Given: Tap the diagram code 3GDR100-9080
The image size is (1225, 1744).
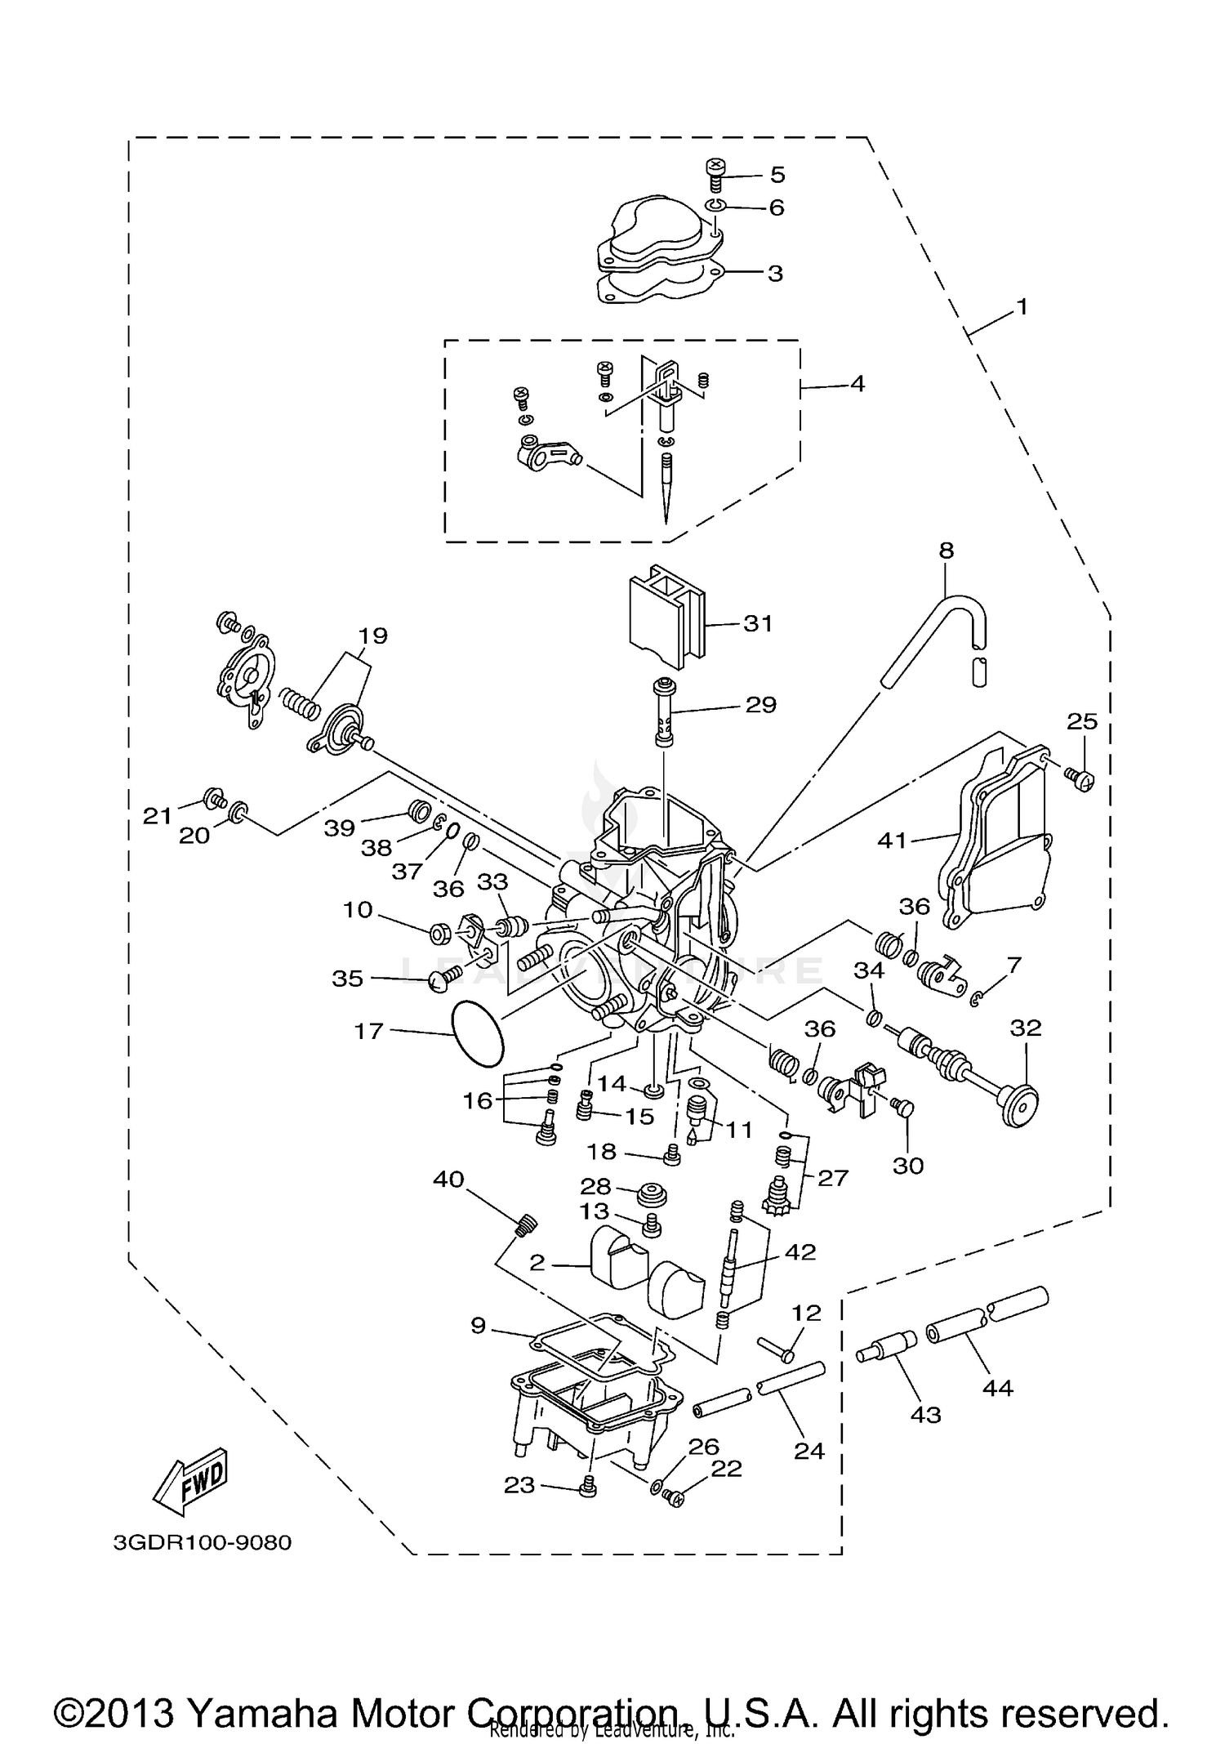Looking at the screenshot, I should tap(202, 1543).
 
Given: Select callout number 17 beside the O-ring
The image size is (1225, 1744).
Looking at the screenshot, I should tap(368, 1031).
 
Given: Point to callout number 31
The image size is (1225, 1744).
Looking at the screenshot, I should tap(757, 623).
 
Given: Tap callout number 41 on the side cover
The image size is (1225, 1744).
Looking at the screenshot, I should tap(892, 840).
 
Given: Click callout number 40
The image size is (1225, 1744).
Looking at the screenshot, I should tap(448, 1180).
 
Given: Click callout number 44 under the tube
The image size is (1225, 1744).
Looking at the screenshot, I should tap(997, 1387).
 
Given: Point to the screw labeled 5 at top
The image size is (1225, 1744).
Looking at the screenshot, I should tap(715, 174).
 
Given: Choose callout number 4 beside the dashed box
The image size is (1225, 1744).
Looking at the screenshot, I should tap(857, 383).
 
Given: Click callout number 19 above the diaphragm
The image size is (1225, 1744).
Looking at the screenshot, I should tap(373, 636).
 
